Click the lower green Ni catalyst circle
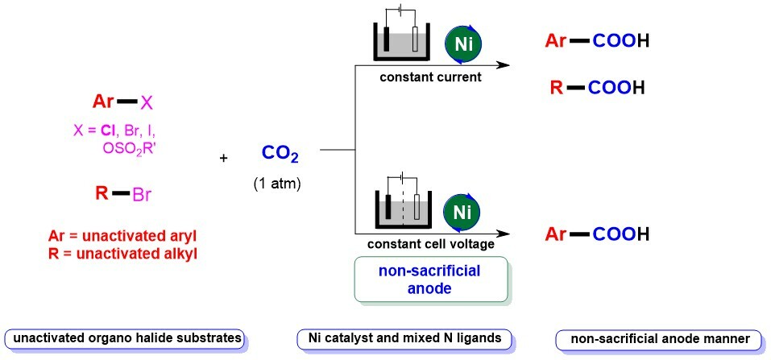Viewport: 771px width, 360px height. [462, 211]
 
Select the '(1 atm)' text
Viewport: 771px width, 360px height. [277, 184]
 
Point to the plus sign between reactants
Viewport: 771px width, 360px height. [224, 158]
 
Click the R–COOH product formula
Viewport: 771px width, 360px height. [598, 88]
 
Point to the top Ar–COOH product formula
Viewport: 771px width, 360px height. [598, 40]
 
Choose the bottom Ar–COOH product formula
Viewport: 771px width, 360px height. [598, 234]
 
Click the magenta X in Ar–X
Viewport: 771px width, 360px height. [147, 101]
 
